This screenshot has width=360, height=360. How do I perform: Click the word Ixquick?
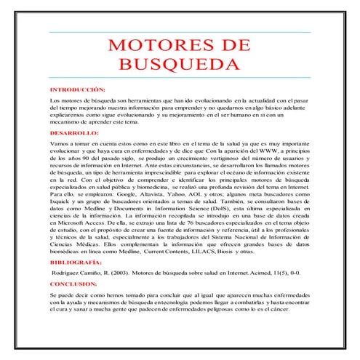click(x=61, y=205)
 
